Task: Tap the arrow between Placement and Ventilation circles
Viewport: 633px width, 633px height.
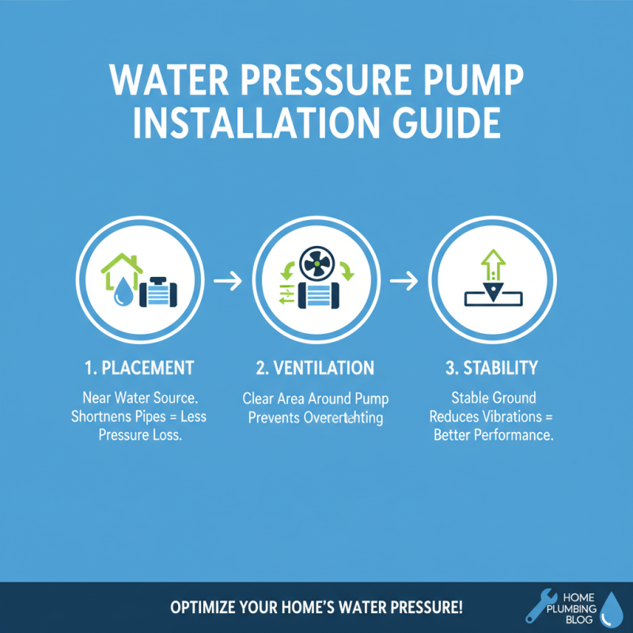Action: pyautogui.click(x=227, y=282)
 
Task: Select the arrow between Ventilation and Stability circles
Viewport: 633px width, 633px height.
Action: pyautogui.click(x=404, y=282)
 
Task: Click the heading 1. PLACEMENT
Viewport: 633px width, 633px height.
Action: pyautogui.click(x=138, y=368)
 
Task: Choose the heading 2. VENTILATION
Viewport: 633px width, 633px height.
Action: pyautogui.click(x=316, y=368)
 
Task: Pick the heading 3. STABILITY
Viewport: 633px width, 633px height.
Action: pyautogui.click(x=491, y=368)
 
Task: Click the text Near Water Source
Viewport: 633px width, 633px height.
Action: pyautogui.click(x=138, y=397)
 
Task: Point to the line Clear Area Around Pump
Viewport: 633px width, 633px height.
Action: pyautogui.click(x=316, y=398)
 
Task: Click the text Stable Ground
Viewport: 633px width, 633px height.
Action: pyautogui.click(x=493, y=397)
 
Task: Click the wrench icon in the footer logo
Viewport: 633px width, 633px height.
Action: pyautogui.click(x=539, y=605)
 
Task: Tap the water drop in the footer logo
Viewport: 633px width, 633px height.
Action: pyautogui.click(x=611, y=608)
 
